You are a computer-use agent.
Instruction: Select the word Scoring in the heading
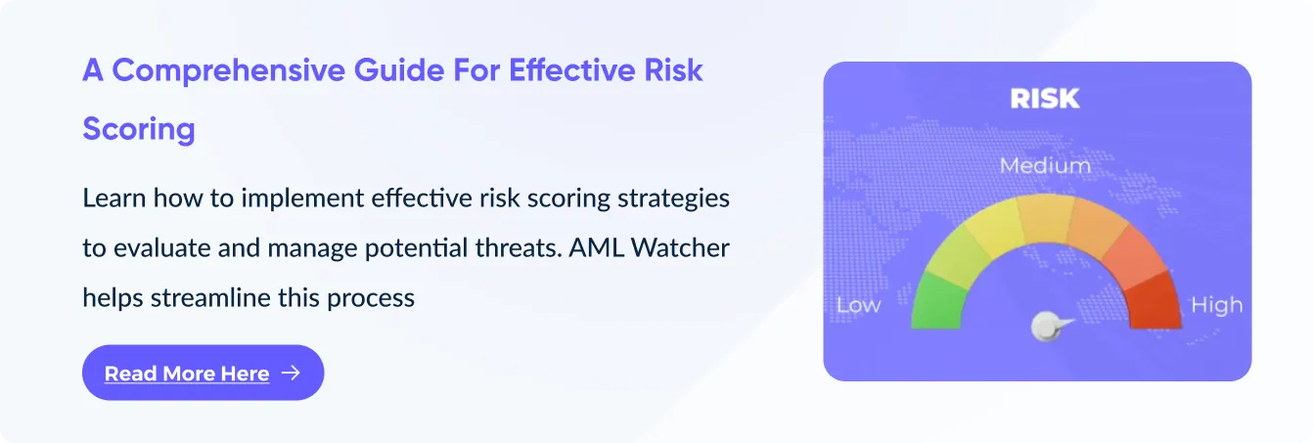pos(138,130)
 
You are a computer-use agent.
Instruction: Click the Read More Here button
pos(203,373)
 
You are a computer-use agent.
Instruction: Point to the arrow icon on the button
pos(291,373)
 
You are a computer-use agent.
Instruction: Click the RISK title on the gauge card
pos(1045,99)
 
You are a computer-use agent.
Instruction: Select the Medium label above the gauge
pos(1045,165)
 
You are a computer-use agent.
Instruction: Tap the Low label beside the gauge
pos(859,305)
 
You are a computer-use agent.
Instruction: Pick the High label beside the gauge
pos(1216,305)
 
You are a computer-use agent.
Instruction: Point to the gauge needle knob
pos(1046,326)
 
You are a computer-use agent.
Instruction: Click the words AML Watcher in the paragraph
pos(649,247)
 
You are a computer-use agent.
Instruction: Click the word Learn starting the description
pos(114,199)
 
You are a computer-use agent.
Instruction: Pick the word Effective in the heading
pos(572,70)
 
